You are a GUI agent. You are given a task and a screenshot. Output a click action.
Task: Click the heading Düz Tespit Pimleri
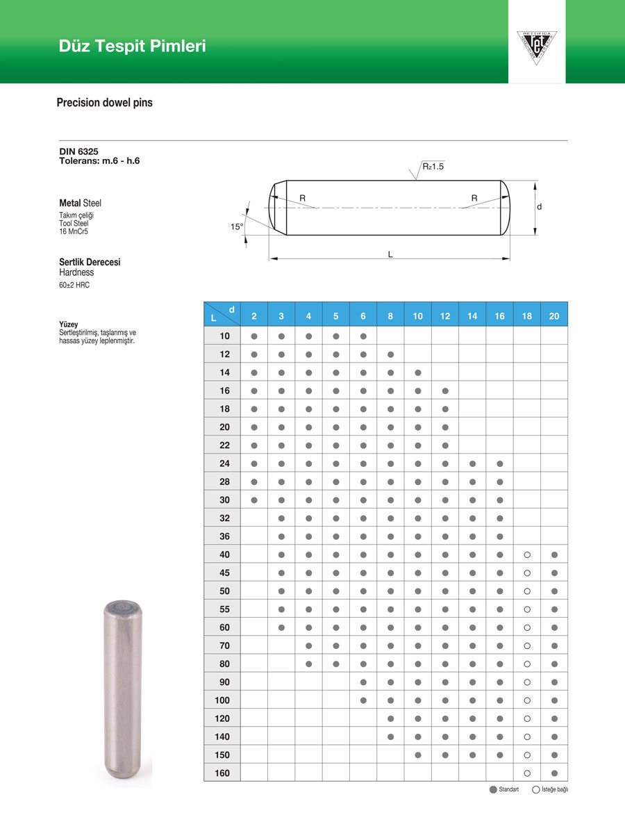(x=132, y=47)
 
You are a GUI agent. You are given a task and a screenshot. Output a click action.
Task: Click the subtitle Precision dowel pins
(x=104, y=103)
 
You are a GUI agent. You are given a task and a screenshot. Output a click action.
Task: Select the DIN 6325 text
(x=78, y=151)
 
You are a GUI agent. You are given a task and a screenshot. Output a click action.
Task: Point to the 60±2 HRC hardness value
(x=74, y=285)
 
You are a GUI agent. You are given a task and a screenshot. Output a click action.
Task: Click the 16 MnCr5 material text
(x=74, y=231)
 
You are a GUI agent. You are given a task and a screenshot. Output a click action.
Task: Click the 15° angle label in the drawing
(x=237, y=226)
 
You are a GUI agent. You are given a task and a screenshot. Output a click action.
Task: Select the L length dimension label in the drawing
(x=390, y=255)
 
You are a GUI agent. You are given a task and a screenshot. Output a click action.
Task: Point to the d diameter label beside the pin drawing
(x=539, y=207)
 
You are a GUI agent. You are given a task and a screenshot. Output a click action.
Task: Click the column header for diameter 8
(x=390, y=316)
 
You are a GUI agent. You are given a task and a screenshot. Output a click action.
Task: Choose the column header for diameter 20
(x=553, y=316)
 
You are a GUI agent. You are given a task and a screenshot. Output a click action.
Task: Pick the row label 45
(x=224, y=573)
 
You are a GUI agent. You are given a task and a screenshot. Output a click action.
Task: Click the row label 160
(x=222, y=773)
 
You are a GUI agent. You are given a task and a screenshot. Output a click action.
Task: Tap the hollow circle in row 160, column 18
(x=527, y=773)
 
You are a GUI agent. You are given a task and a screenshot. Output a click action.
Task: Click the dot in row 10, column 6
(x=363, y=336)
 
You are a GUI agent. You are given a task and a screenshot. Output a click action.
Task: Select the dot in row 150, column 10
(x=418, y=755)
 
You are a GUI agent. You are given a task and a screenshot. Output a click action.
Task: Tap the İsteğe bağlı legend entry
(x=550, y=789)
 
